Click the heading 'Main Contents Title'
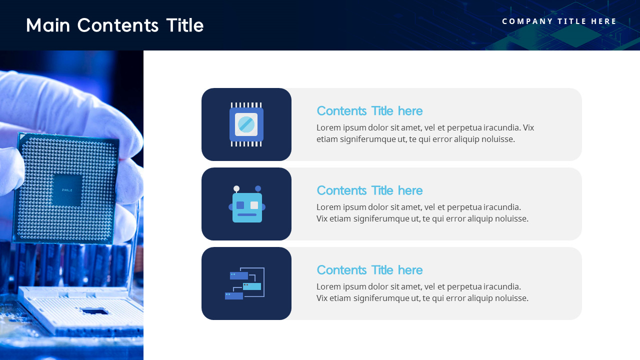[x=114, y=25]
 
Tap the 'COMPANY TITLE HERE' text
[x=559, y=21]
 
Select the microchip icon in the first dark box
[x=246, y=124]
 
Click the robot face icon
[x=247, y=205]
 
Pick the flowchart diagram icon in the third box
[x=244, y=283]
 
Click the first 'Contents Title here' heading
[x=369, y=111]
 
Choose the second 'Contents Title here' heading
[x=369, y=190]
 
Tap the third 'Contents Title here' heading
[x=369, y=270]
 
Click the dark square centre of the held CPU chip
[x=66, y=190]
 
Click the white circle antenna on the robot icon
[x=236, y=188]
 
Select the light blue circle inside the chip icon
[x=246, y=124]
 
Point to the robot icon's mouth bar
[x=247, y=215]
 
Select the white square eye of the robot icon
[x=254, y=205]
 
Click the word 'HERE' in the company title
[x=604, y=21]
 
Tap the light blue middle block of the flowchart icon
[x=252, y=286]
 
